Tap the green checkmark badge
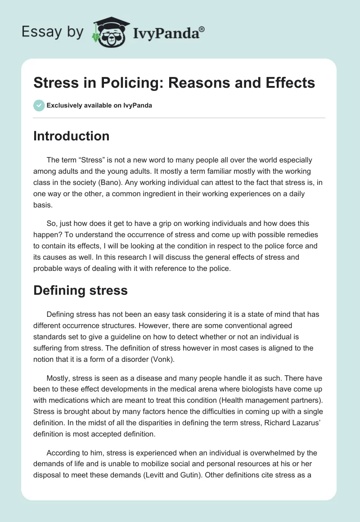pyautogui.click(x=39, y=105)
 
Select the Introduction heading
pyautogui.click(x=71, y=136)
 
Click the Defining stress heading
pyautogui.click(x=81, y=290)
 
